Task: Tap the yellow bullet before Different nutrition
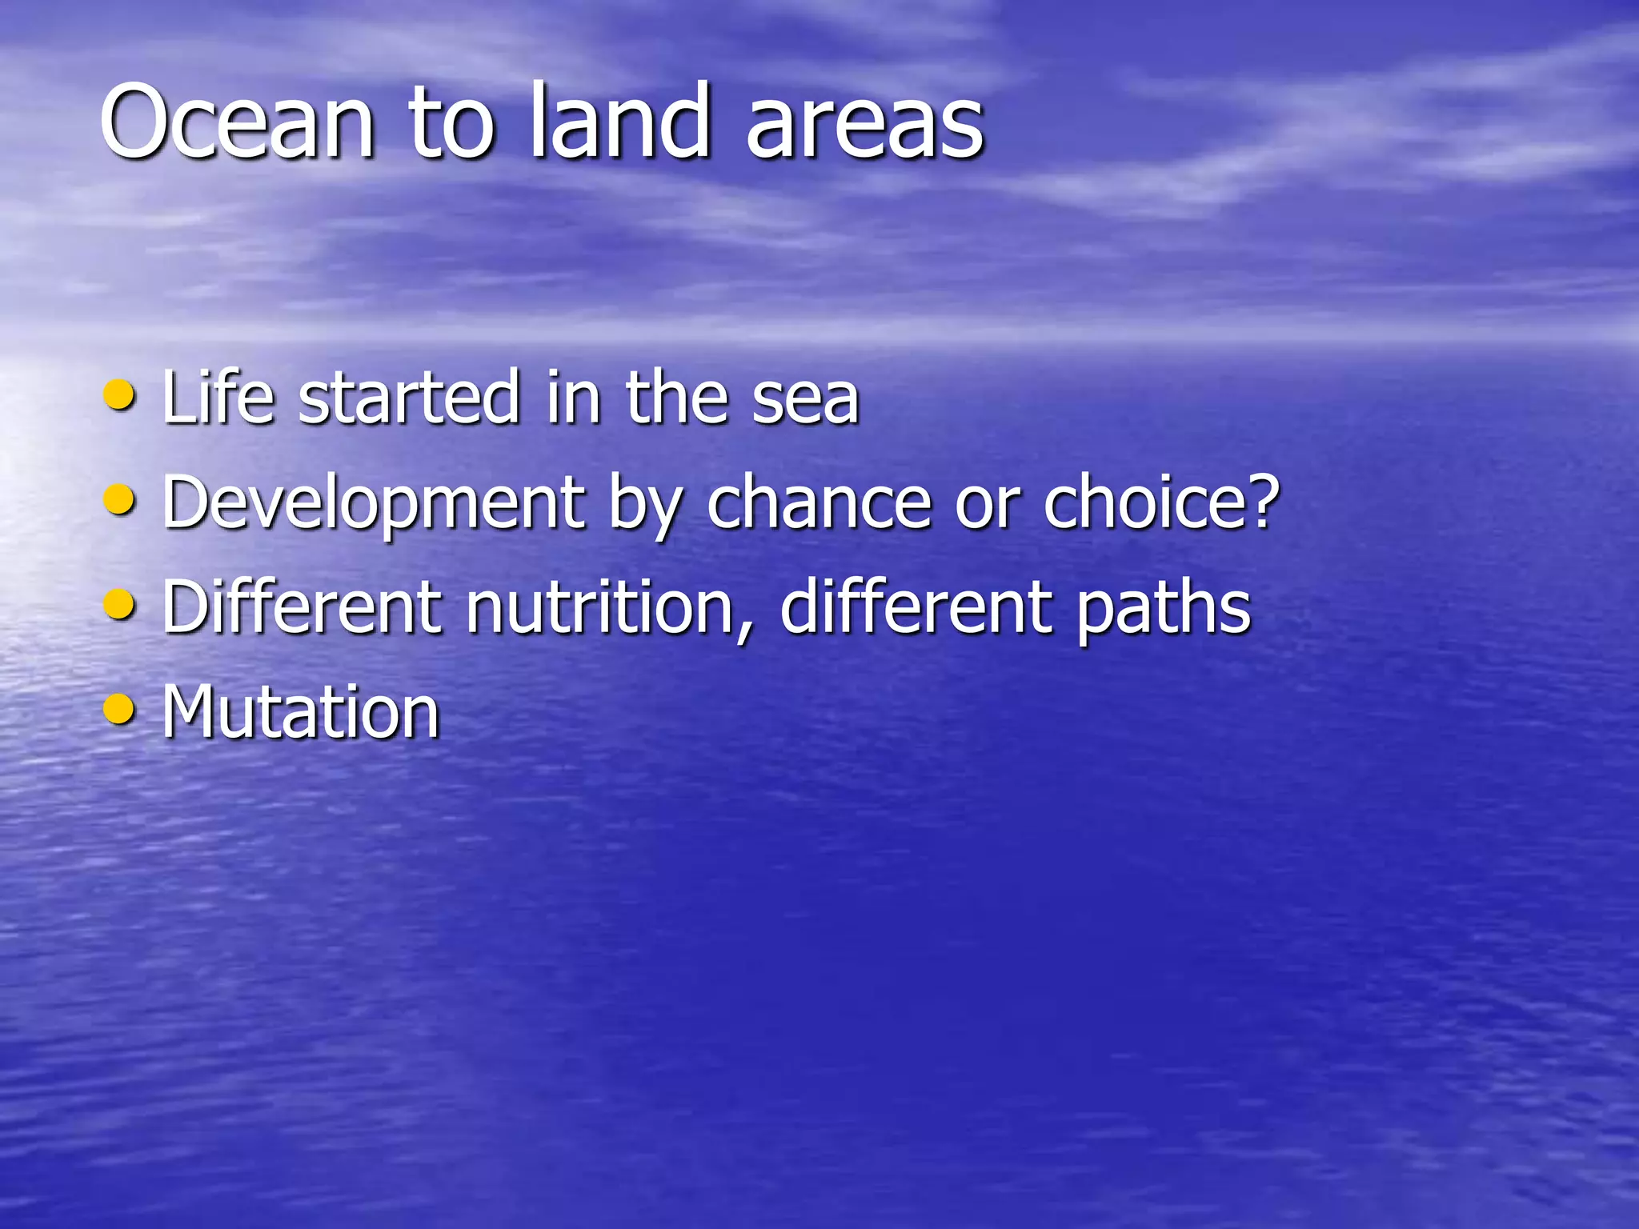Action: click(x=120, y=605)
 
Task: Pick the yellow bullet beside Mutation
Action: click(x=120, y=709)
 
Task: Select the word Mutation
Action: click(x=301, y=711)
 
